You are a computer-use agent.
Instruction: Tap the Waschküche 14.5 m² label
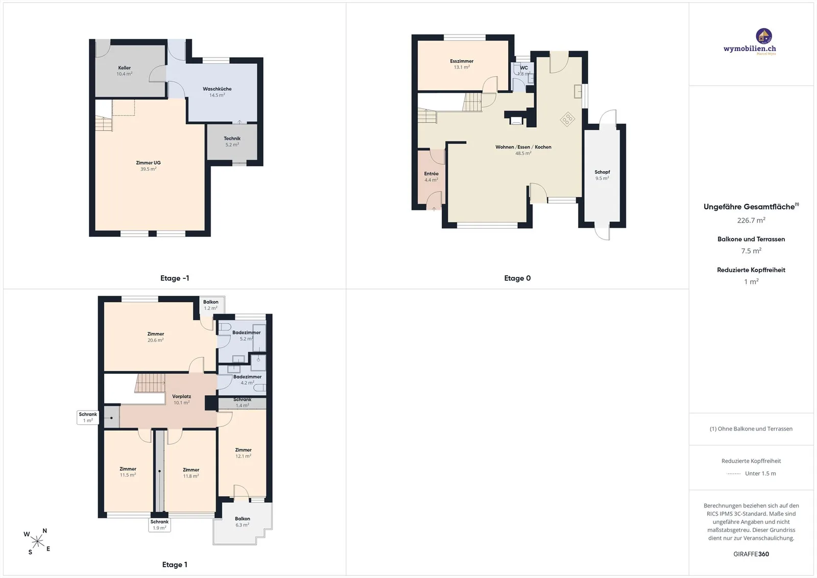[217, 92]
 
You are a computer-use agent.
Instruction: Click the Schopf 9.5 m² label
[602, 175]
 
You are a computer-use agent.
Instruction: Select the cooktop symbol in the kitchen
[567, 119]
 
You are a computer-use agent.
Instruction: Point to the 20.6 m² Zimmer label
[155, 337]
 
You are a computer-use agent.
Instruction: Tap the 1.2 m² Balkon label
[211, 305]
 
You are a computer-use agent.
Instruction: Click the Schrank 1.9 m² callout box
[159, 525]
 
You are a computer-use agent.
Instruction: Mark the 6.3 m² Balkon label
[242, 522]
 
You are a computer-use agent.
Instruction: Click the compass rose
[37, 542]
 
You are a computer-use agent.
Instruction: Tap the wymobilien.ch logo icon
[764, 36]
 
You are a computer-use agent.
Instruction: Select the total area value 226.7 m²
[751, 220]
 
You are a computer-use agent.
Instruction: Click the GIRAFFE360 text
[751, 555]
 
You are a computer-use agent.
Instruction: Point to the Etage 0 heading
[517, 278]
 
